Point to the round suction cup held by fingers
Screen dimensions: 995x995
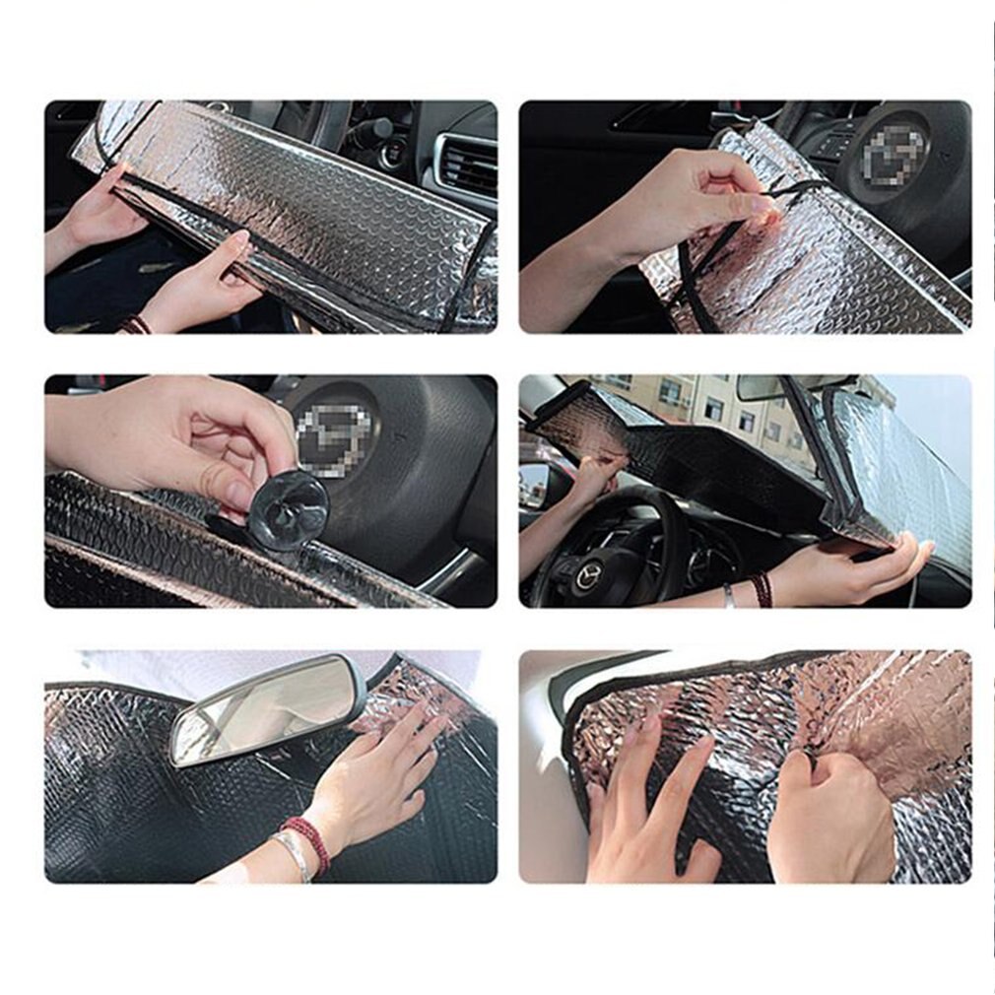point(288,509)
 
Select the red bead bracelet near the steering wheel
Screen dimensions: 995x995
point(761,589)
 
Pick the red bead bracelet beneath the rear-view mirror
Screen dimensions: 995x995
point(306,842)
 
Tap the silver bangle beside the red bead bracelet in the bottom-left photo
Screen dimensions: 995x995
point(293,853)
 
